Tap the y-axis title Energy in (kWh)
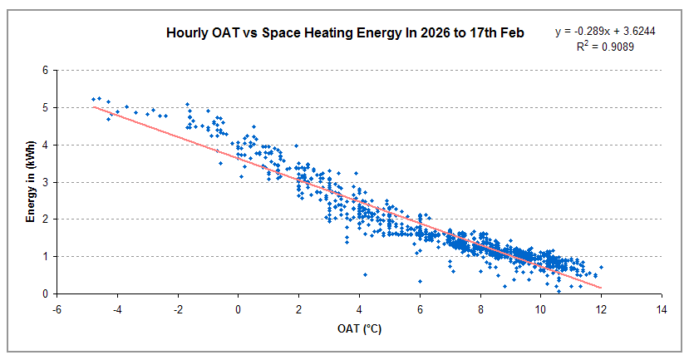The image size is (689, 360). tap(30, 181)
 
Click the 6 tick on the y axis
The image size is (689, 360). tap(44, 71)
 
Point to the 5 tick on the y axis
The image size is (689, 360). tap(44, 108)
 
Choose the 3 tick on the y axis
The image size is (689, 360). tap(44, 182)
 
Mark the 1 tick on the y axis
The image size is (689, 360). tap(44, 257)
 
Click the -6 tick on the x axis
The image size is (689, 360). tap(56, 308)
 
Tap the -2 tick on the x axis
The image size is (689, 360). tap(177, 308)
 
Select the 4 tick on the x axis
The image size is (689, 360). tap(359, 308)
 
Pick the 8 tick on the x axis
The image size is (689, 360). tap(480, 308)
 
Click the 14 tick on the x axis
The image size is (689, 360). tap(662, 308)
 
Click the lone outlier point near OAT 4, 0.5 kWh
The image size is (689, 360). tap(365, 274)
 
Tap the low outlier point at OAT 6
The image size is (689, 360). tap(420, 281)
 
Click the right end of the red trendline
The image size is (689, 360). tap(601, 288)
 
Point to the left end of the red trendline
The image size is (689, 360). tap(93, 106)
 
